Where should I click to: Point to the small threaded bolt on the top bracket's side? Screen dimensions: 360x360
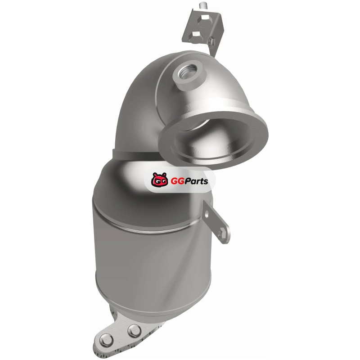point(212,41)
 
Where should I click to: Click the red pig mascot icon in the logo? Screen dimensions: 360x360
point(160,180)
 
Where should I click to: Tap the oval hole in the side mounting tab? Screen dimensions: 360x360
point(207,215)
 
